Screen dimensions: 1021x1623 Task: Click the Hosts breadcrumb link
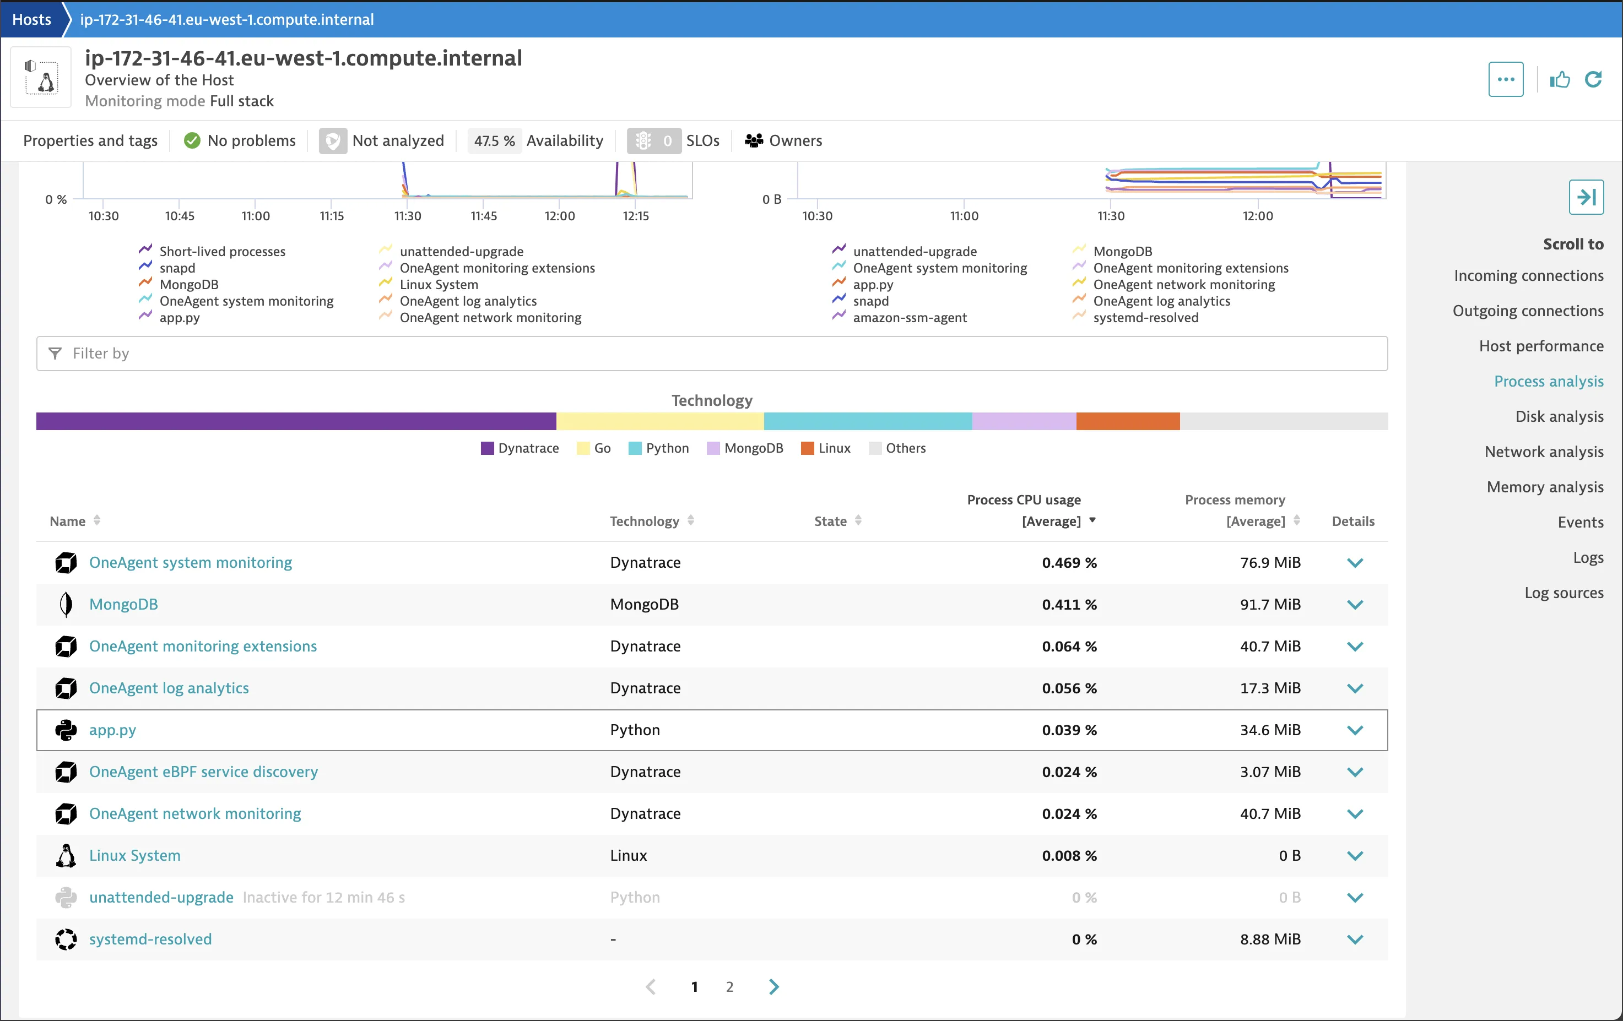pos(32,19)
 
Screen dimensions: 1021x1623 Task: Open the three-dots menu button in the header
pos(1505,79)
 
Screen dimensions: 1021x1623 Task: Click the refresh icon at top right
pos(1593,79)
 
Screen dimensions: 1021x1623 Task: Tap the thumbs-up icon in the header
pos(1559,79)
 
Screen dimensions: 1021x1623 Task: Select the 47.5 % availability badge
pos(494,141)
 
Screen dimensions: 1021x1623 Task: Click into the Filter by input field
pos(712,353)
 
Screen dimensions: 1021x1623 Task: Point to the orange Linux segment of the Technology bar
pos(1128,421)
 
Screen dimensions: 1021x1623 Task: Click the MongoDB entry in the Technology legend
pos(745,448)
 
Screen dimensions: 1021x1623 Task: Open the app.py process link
pos(112,730)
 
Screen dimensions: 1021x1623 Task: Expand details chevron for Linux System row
pos(1355,856)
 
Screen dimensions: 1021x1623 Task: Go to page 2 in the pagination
pos(729,987)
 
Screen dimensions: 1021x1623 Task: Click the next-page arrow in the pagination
pos(773,987)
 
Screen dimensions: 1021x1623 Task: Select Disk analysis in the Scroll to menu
pos(1559,416)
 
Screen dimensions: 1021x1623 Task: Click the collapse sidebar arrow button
pos(1586,198)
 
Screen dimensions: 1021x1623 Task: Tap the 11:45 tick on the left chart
pos(483,216)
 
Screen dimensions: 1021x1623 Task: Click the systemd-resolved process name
pos(150,939)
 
